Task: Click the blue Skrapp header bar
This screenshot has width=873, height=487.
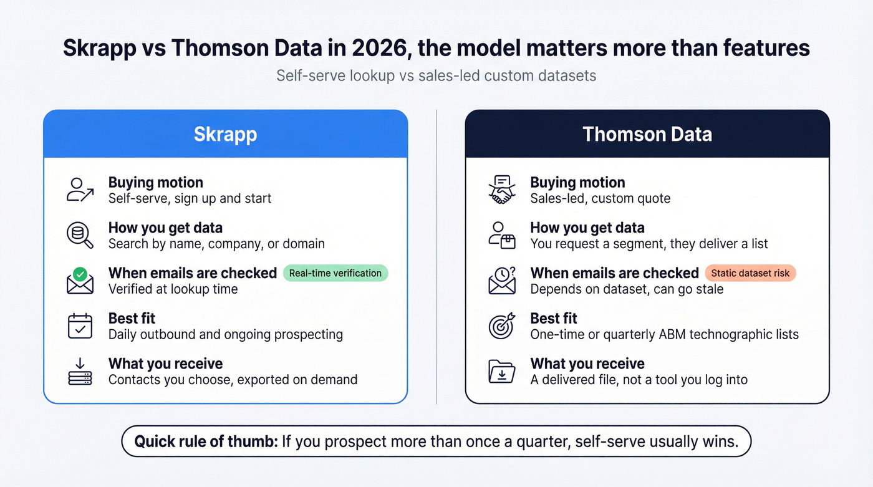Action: click(x=225, y=134)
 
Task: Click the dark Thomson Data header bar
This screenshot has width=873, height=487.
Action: click(x=647, y=134)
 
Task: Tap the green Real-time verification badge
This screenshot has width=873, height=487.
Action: click(x=335, y=273)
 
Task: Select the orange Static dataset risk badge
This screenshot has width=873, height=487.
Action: click(x=750, y=273)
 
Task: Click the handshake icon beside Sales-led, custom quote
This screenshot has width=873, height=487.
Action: click(x=502, y=190)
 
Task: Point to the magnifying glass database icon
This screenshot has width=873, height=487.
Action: click(x=80, y=235)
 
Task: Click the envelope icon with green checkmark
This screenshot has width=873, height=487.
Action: click(x=80, y=281)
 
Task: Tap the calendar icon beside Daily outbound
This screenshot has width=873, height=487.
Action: click(x=80, y=326)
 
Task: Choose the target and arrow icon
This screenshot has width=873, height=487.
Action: click(x=502, y=326)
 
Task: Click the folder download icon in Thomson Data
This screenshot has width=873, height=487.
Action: click(x=502, y=372)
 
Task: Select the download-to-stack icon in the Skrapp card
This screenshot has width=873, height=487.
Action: click(x=80, y=372)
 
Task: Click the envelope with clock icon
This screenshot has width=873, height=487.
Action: click(x=502, y=281)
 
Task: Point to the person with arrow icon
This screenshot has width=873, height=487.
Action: click(x=80, y=190)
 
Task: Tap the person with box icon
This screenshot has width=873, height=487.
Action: click(x=502, y=235)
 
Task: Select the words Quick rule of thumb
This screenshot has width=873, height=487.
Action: click(x=205, y=442)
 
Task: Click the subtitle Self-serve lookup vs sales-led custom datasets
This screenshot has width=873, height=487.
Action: click(x=436, y=76)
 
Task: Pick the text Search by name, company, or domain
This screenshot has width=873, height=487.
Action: click(x=216, y=244)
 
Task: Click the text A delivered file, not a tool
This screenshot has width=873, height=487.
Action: click(x=639, y=380)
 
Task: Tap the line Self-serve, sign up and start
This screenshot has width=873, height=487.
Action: click(x=190, y=198)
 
